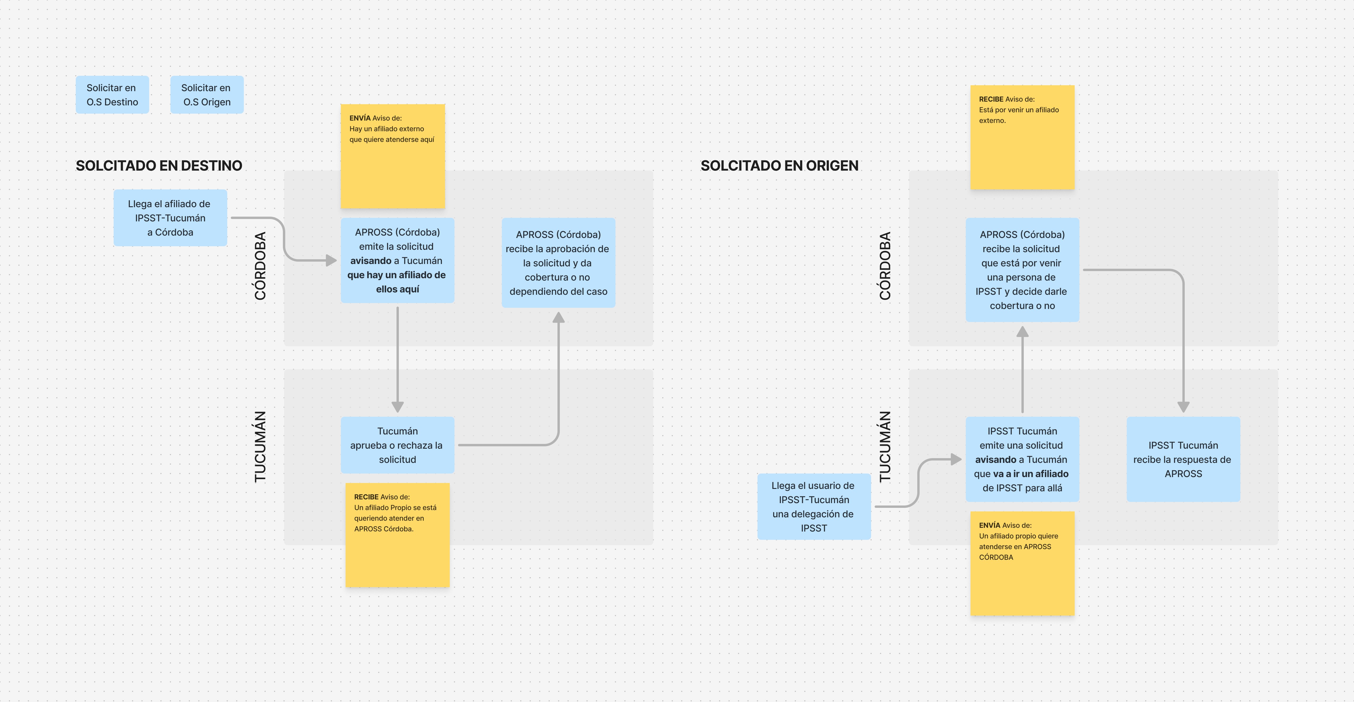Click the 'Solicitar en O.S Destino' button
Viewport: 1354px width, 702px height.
(x=112, y=95)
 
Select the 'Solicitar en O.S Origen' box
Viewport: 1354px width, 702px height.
(x=207, y=95)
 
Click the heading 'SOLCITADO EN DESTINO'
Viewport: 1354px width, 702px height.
(x=159, y=166)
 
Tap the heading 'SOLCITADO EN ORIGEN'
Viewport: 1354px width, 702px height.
(x=779, y=166)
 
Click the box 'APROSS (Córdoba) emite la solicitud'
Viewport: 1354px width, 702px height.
(x=397, y=260)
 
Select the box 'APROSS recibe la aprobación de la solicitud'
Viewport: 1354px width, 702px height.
(x=558, y=263)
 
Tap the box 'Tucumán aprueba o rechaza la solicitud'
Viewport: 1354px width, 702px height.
(x=397, y=445)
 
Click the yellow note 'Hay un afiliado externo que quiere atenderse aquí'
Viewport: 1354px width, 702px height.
(x=393, y=156)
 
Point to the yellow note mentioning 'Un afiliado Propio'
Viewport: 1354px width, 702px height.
(x=397, y=535)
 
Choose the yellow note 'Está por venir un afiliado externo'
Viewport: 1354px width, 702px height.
(x=1022, y=137)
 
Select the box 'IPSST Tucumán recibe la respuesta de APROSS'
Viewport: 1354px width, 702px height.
(x=1183, y=459)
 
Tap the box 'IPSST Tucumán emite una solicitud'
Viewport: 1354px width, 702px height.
(x=1022, y=459)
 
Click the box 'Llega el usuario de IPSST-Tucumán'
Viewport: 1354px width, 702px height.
(x=814, y=506)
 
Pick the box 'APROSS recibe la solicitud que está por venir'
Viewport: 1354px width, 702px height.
(x=1022, y=270)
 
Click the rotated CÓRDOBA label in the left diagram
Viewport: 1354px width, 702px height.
(x=260, y=266)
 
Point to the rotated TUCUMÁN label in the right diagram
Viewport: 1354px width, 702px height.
(x=885, y=446)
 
